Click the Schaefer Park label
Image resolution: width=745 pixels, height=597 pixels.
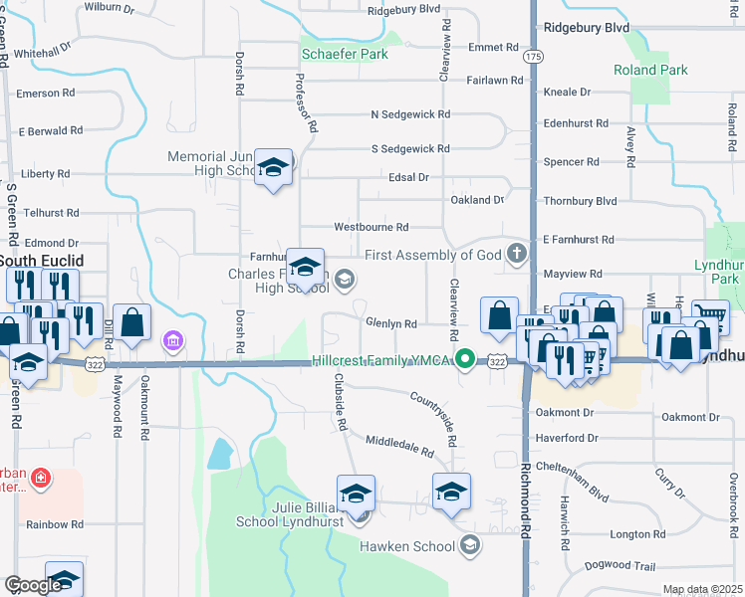[x=345, y=54]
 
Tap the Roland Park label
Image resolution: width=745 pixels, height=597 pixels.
[x=650, y=71]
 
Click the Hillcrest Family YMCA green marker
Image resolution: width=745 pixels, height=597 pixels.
[x=464, y=359]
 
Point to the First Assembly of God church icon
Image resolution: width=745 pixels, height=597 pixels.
[x=516, y=255]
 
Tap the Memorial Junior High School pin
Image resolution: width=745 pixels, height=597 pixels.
[x=272, y=167]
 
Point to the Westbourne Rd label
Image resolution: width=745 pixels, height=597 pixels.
[x=371, y=227]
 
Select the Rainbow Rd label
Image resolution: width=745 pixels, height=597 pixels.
[x=54, y=524]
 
